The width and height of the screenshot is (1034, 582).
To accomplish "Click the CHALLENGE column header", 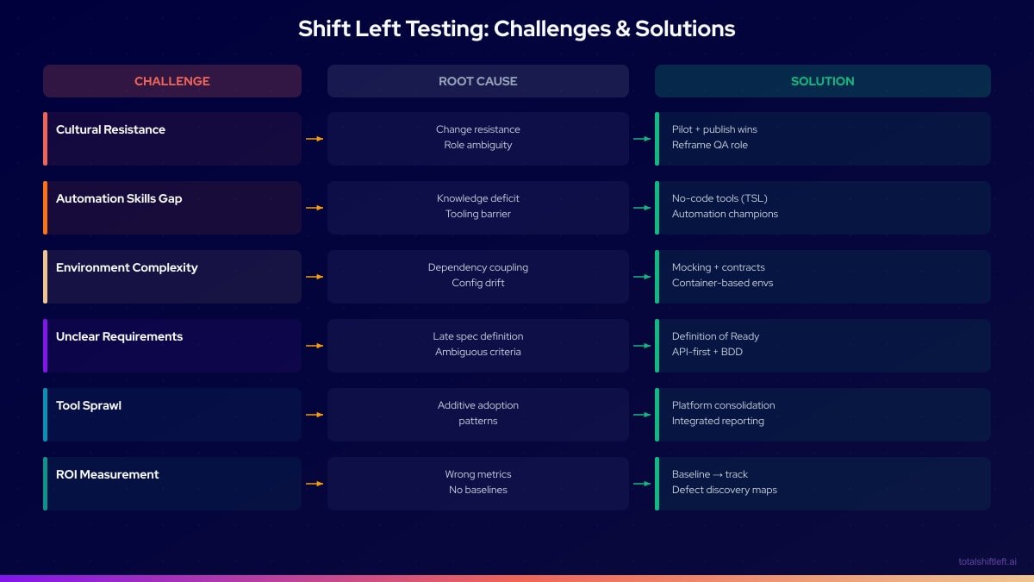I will (x=172, y=81).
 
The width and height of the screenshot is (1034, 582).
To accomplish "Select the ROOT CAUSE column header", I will (x=478, y=81).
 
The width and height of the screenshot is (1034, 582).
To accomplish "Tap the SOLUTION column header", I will (x=823, y=81).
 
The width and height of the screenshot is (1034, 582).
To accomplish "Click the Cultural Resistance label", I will (x=110, y=129).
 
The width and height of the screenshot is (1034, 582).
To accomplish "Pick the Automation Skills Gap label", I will (x=119, y=198).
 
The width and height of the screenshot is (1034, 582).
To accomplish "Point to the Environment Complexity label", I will (x=127, y=267).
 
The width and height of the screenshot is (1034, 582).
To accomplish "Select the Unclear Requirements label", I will (x=119, y=336).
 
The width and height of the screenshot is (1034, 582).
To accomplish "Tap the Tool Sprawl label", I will (x=89, y=405).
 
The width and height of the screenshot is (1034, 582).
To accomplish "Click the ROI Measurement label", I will (x=108, y=474).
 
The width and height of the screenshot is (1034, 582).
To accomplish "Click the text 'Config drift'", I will (x=478, y=283).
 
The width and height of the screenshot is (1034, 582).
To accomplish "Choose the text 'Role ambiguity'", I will (x=478, y=145).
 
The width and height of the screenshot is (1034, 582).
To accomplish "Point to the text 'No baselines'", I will (x=478, y=490).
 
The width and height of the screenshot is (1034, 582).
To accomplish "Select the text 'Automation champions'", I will (x=725, y=214).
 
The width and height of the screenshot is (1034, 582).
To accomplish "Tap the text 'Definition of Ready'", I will (x=715, y=336).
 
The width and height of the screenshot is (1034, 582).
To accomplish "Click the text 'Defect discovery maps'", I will (x=724, y=490).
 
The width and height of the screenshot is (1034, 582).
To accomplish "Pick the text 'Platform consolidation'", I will (x=723, y=405).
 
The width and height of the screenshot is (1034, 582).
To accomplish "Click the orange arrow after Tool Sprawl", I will (x=315, y=415).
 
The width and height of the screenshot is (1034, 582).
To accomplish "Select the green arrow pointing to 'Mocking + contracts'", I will (x=642, y=277).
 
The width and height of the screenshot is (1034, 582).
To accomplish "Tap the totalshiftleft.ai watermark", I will (x=987, y=561).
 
